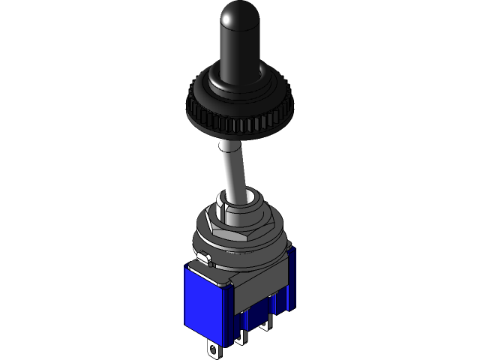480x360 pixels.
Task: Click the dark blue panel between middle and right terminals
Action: (x=255, y=319)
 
